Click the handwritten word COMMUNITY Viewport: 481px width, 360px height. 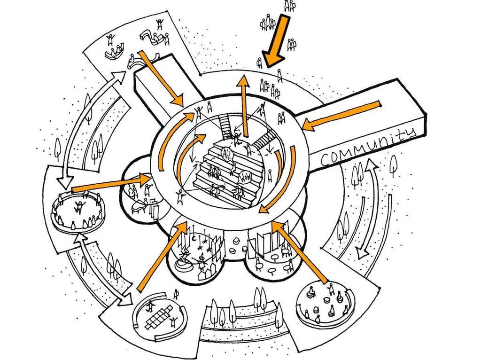tap(368, 147)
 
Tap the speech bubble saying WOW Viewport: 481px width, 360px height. tap(244, 178)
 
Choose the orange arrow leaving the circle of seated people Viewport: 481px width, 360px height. tap(113, 183)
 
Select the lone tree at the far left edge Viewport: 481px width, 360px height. tap(58, 147)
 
